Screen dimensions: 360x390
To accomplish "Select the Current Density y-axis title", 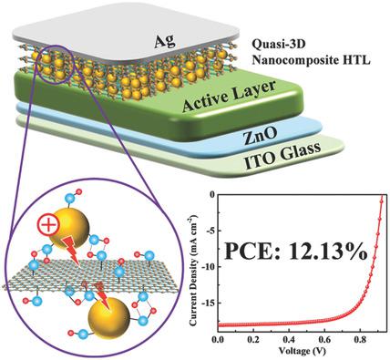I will (194, 262).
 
